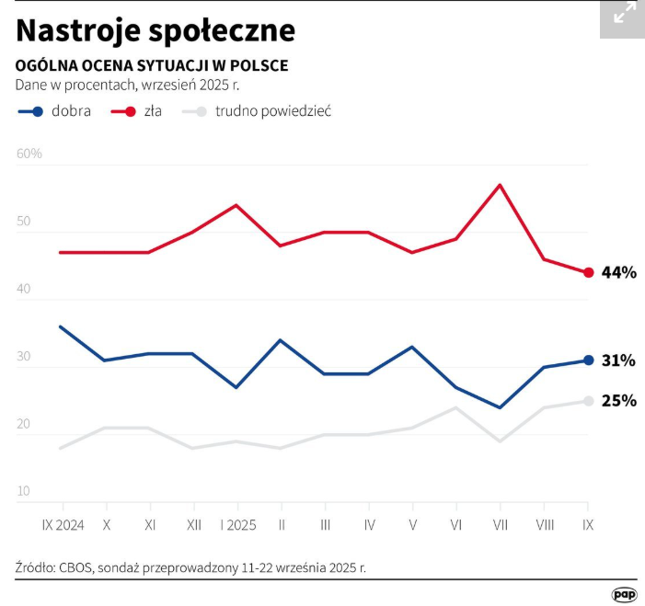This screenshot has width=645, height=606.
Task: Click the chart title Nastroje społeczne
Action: pyautogui.click(x=155, y=30)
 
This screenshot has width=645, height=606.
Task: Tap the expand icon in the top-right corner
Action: pyautogui.click(x=624, y=14)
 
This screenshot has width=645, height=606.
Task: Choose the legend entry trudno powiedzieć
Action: pyautogui.click(x=257, y=111)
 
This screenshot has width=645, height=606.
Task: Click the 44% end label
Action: pyautogui.click(x=618, y=272)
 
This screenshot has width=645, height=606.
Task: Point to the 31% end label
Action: pyautogui.click(x=618, y=360)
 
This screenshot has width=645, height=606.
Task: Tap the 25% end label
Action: pyautogui.click(x=618, y=401)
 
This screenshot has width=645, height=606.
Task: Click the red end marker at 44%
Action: pyautogui.click(x=588, y=272)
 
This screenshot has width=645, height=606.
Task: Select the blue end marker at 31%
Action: pyautogui.click(x=588, y=360)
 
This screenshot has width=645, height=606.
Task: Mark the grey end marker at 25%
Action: pyautogui.click(x=588, y=401)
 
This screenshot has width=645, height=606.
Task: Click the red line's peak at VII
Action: pyautogui.click(x=500, y=185)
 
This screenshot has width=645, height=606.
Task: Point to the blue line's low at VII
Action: pyautogui.click(x=500, y=407)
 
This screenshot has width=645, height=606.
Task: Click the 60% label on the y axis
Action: pyautogui.click(x=29, y=154)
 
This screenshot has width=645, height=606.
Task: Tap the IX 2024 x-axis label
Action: pyautogui.click(x=63, y=525)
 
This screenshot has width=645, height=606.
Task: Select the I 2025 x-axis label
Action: pyautogui.click(x=237, y=525)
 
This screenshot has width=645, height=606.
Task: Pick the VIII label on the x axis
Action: pyautogui.click(x=544, y=525)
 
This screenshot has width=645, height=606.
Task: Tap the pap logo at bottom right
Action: pyautogui.click(x=624, y=594)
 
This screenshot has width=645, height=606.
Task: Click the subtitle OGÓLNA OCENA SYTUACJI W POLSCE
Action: pyautogui.click(x=152, y=66)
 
